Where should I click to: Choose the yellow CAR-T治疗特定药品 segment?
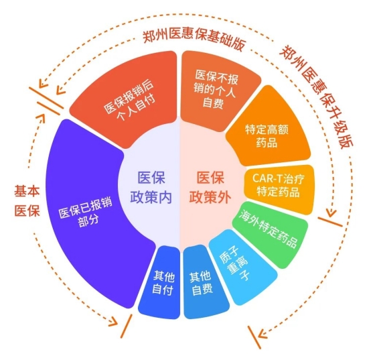pos(279,186)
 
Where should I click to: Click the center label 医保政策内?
pos(151,187)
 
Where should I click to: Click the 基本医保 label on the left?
pos(27,201)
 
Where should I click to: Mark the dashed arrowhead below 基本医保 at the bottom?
pos(113,322)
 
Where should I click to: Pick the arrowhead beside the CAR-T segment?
pos(331,213)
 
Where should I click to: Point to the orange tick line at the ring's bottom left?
pos(126,326)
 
